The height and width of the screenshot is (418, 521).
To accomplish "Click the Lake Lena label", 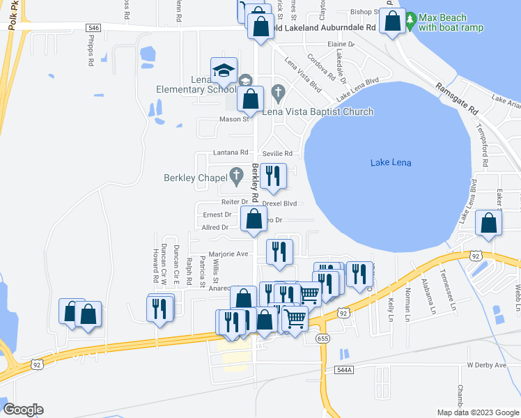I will (x=391, y=163).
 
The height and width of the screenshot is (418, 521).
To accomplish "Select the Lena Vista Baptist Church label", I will (x=318, y=111).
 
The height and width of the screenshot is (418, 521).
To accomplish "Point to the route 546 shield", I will (x=95, y=28).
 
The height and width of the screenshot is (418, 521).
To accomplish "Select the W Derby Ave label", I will (x=486, y=365).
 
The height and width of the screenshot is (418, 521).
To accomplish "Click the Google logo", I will (x=23, y=410).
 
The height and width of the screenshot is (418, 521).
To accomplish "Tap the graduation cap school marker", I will (x=224, y=71).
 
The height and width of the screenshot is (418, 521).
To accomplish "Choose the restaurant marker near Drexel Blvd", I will (x=273, y=176).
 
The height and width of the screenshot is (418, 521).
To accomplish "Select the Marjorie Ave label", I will (x=228, y=254).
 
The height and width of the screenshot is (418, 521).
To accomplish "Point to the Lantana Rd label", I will (x=234, y=153).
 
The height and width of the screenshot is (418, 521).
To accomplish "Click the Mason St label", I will (x=234, y=119).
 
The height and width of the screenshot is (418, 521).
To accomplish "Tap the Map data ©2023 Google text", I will (x=477, y=412).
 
